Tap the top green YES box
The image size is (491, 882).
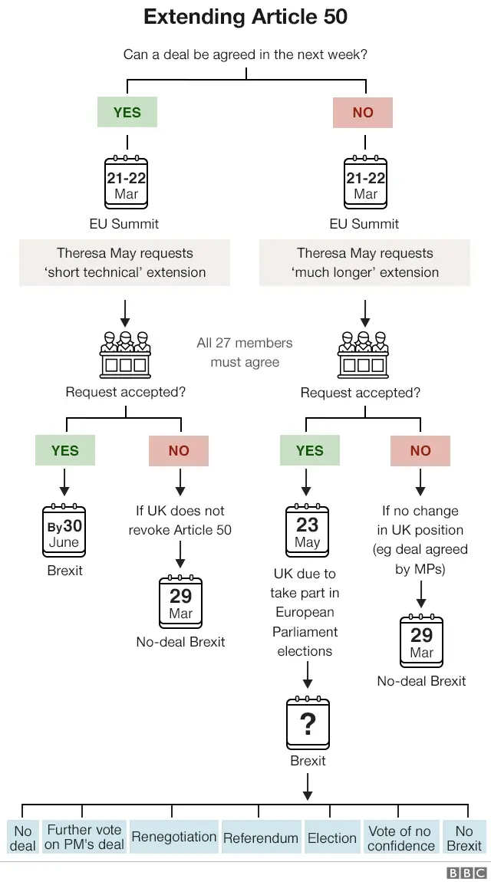click(127, 113)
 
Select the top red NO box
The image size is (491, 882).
click(363, 113)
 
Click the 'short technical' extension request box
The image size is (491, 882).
click(124, 262)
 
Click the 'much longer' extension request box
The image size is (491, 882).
click(364, 262)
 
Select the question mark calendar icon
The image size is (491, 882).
click(307, 723)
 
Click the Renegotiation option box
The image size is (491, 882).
click(173, 837)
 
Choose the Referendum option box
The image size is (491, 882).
click(260, 838)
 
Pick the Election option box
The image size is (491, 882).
click(331, 838)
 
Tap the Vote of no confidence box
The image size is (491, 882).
click(400, 838)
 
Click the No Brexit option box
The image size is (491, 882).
click(464, 838)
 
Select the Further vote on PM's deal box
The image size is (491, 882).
click(84, 838)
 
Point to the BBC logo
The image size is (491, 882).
click(466, 873)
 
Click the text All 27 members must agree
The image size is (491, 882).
click(245, 352)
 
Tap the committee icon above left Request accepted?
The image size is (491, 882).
click(124, 354)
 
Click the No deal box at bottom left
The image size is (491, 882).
click(22, 838)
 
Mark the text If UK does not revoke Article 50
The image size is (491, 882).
click(180, 520)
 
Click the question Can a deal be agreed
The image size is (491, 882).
click(245, 55)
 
